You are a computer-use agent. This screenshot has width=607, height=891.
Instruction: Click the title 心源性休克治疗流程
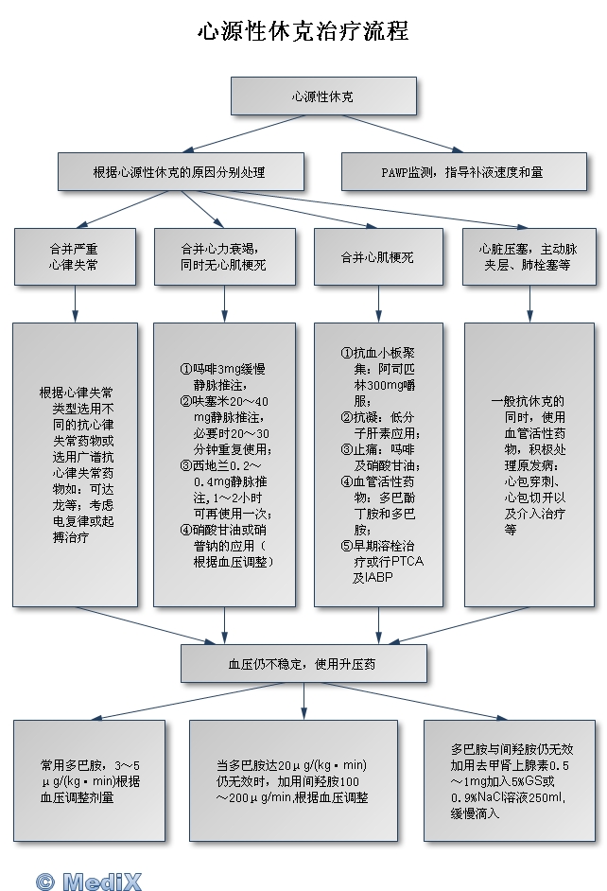point(303,31)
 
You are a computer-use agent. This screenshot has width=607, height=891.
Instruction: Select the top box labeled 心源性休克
point(323,96)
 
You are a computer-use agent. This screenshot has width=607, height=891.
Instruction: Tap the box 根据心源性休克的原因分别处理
point(181,173)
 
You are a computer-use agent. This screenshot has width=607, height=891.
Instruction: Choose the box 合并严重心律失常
point(74,257)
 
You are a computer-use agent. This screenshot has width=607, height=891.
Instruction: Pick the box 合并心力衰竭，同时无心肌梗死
point(224,257)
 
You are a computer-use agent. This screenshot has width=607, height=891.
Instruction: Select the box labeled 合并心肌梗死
point(378,257)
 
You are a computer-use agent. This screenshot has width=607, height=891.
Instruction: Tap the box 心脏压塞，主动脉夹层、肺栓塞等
point(529,257)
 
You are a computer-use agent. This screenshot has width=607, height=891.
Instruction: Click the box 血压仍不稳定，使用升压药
point(303,664)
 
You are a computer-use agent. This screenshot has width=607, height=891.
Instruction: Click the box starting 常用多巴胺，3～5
point(76,780)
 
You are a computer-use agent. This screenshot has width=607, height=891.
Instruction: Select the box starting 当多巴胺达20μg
point(292,780)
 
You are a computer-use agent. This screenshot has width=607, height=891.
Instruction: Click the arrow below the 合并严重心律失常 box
point(75,304)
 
